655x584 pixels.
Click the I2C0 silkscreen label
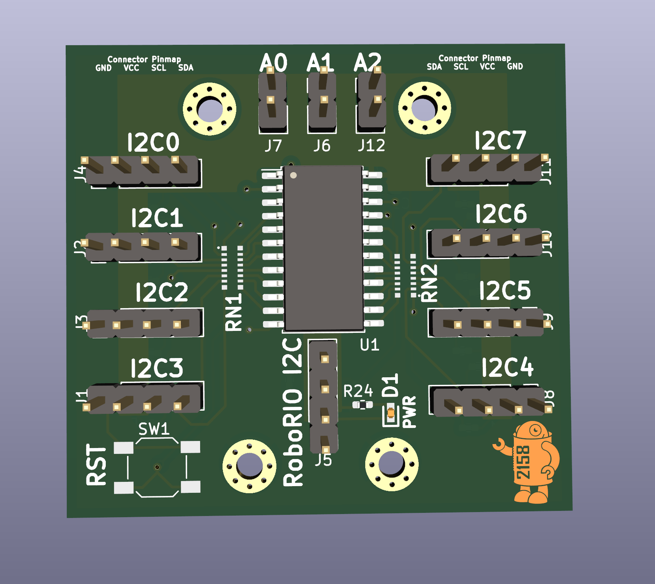coord(153,142)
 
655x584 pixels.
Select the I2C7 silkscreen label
coord(500,140)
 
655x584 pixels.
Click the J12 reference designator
coord(372,146)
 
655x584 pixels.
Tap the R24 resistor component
coord(362,404)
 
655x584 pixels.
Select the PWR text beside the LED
coord(409,412)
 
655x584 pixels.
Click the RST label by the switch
coord(96,465)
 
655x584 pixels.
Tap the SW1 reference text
coord(154,429)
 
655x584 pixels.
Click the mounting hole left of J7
coord(210,109)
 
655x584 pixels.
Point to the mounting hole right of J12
coord(425,108)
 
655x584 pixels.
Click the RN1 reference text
coord(234,312)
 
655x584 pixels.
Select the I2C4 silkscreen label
coord(508,367)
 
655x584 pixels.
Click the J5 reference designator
coord(323,460)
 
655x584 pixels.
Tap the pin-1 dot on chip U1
coord(293,175)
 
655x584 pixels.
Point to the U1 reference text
coord(370,345)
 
